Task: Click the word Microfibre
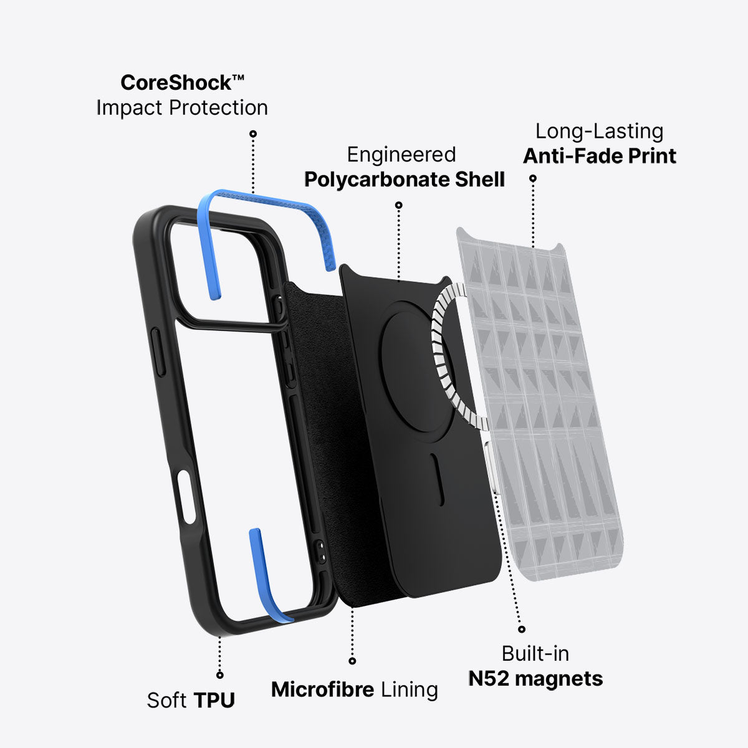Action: (322, 689)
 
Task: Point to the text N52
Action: (488, 679)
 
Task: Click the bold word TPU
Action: (214, 700)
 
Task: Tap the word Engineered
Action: (401, 155)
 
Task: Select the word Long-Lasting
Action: (599, 132)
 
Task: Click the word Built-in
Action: (535, 654)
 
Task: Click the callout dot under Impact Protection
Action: (253, 133)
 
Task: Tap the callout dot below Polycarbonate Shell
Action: (399, 205)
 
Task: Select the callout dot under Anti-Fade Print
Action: (533, 178)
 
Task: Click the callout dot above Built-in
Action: (522, 629)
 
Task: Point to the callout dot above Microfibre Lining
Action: (352, 661)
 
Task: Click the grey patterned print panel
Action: (540, 404)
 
